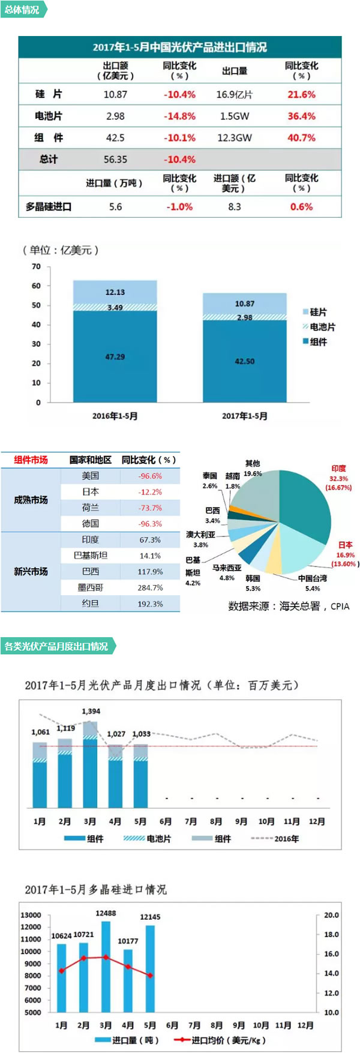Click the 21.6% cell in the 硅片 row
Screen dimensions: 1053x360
coord(301,94)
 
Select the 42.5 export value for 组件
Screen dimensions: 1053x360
coord(115,137)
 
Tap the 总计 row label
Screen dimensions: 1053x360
coord(49,159)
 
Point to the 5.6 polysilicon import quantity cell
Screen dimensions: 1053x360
coord(115,206)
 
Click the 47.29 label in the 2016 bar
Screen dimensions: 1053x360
coord(115,356)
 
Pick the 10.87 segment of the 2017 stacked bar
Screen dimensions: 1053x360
coord(245,304)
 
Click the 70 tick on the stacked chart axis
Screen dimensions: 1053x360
coord(37,266)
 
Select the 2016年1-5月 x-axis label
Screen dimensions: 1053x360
coord(115,416)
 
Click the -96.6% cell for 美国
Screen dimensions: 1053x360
coord(150,476)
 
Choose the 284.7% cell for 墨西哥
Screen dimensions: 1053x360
coord(150,587)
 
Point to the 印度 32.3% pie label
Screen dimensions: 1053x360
coord(338,478)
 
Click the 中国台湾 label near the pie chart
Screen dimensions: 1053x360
coord(313,578)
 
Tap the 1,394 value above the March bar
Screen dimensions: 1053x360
coord(91,711)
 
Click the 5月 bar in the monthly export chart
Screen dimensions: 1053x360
coord(140,777)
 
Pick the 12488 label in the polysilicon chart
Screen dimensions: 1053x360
coord(106,913)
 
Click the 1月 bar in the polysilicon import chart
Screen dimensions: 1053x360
coord(61,978)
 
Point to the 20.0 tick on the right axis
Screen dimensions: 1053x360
coord(331,915)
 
